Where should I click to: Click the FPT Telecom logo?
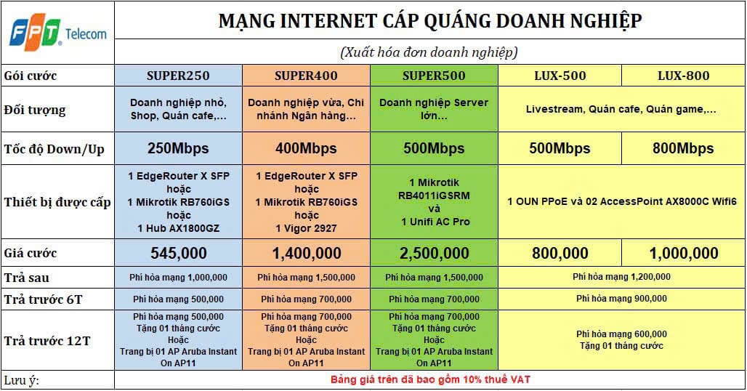(58, 33)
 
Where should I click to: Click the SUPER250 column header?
(178, 76)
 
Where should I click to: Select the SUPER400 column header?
(306, 76)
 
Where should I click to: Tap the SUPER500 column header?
(434, 76)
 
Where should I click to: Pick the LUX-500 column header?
(560, 76)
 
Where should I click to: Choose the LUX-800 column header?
(684, 76)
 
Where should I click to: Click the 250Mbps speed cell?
(178, 148)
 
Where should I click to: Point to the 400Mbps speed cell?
(306, 148)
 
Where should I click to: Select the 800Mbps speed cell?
(683, 148)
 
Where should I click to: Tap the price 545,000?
(179, 254)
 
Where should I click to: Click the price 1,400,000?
(307, 254)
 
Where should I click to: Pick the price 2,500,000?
(434, 254)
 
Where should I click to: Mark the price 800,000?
(560, 254)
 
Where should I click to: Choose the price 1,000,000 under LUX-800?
(684, 254)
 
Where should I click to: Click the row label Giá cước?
(31, 254)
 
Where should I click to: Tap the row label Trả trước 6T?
(44, 299)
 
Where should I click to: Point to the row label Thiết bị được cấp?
(57, 202)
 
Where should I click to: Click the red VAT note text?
(430, 380)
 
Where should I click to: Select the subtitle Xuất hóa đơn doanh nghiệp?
(429, 52)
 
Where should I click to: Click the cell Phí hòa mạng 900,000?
(622, 299)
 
